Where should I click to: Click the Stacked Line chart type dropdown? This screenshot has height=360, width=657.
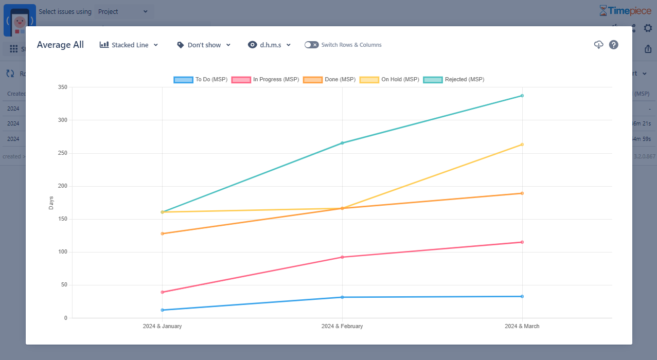[129, 45]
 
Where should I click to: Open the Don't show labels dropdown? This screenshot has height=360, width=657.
[204, 45]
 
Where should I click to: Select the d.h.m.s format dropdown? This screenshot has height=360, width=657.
[270, 45]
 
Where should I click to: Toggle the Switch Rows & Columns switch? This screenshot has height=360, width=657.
[311, 45]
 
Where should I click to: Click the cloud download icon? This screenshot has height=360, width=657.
[598, 45]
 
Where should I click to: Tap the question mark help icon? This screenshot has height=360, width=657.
[614, 45]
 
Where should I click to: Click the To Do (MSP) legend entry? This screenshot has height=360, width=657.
[201, 80]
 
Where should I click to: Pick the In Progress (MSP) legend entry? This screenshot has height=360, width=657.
[265, 80]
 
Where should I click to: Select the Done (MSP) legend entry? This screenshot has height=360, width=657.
[329, 80]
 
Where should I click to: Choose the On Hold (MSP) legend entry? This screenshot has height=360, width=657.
[389, 80]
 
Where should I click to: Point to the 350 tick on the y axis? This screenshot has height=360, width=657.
[62, 87]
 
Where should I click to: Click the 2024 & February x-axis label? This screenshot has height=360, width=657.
[342, 327]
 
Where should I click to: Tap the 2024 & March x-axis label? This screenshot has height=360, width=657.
[522, 327]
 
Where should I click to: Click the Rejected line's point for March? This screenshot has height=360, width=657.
[522, 96]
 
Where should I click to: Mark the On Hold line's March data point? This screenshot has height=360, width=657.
[522, 145]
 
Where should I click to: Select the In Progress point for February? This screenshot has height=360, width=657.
[342, 257]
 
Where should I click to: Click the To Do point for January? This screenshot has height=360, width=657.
[162, 310]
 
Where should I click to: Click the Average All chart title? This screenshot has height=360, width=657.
[60, 45]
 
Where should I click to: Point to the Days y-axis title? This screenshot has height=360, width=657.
[51, 203]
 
